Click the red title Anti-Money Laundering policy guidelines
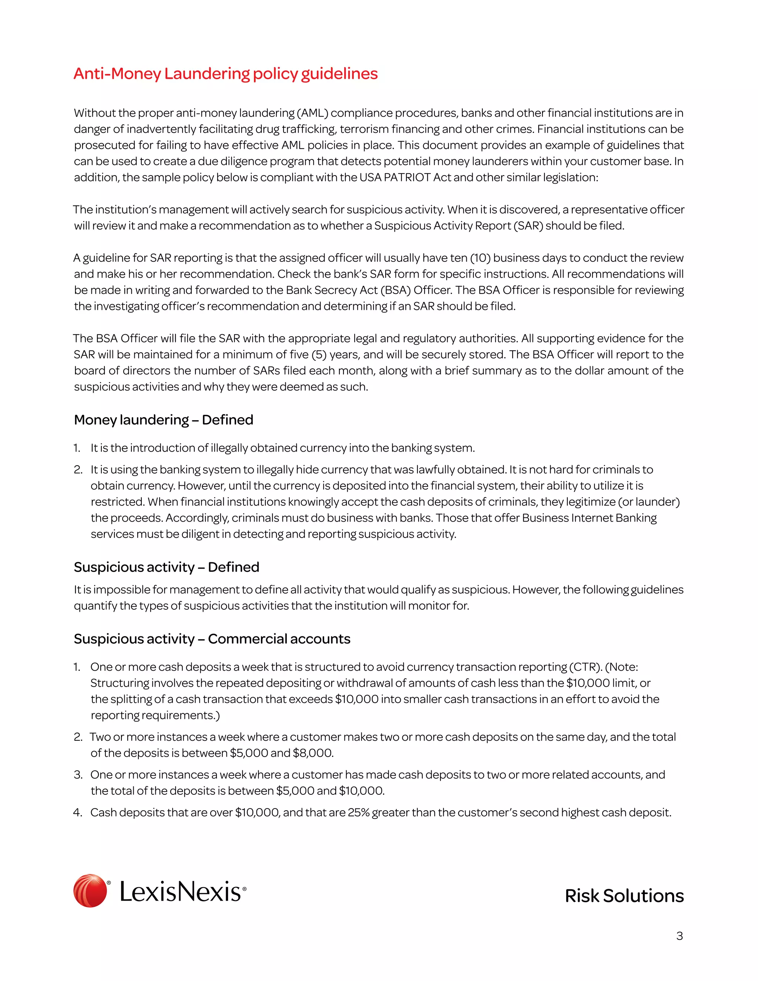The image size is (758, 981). click(225, 74)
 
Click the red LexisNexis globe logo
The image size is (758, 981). click(90, 891)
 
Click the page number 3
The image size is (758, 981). click(680, 936)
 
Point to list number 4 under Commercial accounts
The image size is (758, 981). click(77, 813)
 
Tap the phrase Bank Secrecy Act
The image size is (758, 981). click(332, 290)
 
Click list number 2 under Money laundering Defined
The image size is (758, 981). click(78, 469)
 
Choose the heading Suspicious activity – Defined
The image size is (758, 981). click(167, 567)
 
